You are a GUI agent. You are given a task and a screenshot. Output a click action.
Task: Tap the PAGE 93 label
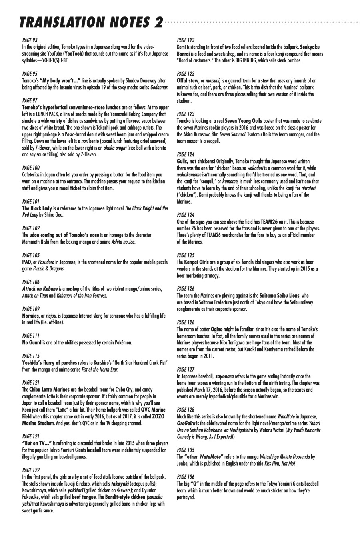click(x=30, y=40)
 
